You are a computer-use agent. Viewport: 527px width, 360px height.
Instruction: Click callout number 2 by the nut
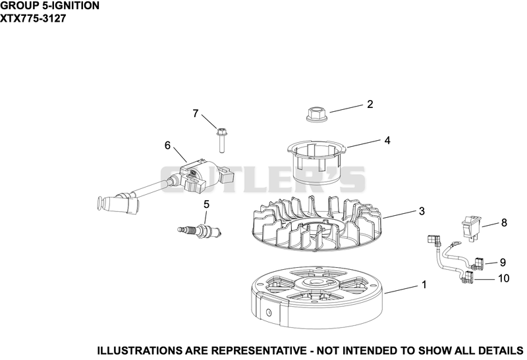[370, 104]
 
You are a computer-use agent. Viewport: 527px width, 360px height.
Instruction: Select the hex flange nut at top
[316, 113]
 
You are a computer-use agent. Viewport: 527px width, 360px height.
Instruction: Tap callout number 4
[387, 140]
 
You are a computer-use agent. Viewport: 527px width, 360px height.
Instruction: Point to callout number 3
[422, 211]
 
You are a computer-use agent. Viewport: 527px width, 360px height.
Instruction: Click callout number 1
[424, 284]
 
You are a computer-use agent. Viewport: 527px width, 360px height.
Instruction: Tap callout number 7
[196, 113]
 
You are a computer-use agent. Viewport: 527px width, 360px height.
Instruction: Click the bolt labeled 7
[221, 140]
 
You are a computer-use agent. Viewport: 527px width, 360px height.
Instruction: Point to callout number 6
[167, 145]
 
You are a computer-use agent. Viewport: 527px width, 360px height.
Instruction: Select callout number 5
[206, 204]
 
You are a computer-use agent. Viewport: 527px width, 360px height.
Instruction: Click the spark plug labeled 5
[200, 230]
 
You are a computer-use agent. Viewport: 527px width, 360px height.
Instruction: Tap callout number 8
[504, 222]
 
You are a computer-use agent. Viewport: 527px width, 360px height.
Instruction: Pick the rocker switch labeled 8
[471, 228]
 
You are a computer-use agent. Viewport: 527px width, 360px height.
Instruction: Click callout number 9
[503, 263]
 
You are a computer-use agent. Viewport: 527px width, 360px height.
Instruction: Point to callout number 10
[503, 278]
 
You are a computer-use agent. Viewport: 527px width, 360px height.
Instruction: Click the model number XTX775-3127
[33, 18]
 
